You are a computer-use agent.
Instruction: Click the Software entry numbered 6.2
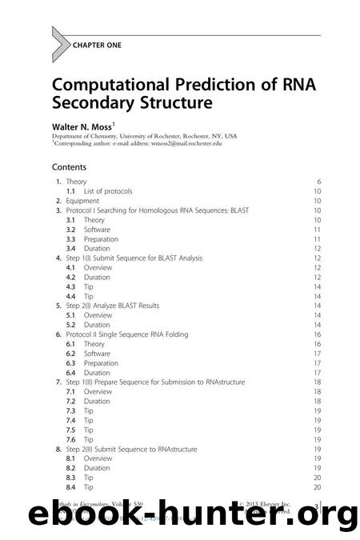click(x=97, y=354)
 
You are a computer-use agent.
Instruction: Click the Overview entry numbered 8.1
click(x=98, y=458)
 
